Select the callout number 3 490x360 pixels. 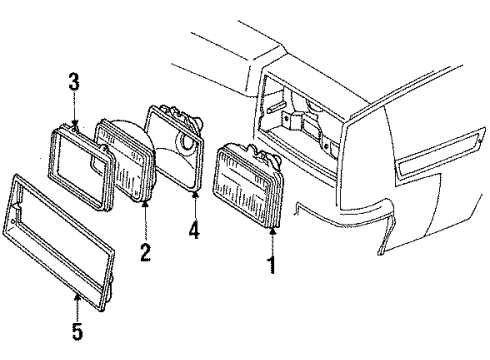click(x=73, y=83)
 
